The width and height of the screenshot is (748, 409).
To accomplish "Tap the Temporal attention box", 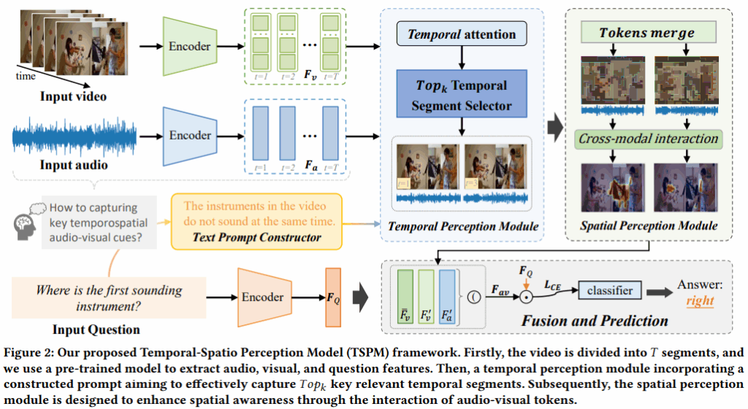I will click(462, 34).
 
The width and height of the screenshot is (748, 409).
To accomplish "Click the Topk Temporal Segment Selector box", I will click(462, 94).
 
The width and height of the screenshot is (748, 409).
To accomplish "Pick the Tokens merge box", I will click(647, 33).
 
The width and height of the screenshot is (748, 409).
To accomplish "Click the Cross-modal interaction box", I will click(647, 138).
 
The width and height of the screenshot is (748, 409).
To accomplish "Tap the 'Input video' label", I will click(72, 96).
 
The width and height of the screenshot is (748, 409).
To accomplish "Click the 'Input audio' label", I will click(74, 165).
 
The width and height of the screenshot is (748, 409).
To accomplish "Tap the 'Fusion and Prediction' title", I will click(595, 320).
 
